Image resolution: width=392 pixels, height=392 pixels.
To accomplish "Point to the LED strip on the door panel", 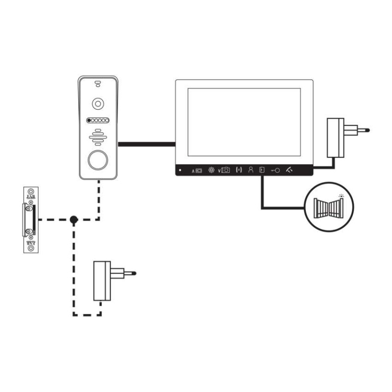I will click(x=98, y=121).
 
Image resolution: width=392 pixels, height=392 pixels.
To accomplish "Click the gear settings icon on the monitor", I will click(x=211, y=170).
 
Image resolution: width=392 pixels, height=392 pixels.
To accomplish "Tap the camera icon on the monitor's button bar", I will click(x=225, y=170).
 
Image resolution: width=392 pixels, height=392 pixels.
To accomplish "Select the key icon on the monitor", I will click(x=275, y=170).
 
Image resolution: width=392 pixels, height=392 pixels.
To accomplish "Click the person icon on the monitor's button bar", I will click(x=250, y=170).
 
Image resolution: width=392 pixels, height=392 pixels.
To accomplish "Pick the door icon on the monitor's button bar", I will click(x=262, y=170).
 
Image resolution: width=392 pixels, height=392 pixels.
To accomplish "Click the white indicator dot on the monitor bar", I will click(x=180, y=171).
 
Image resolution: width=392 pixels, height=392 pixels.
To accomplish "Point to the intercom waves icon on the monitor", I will click(x=239, y=170).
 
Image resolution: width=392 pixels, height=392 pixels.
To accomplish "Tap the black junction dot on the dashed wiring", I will click(x=73, y=220).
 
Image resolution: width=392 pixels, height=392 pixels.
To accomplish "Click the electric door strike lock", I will click(x=31, y=220).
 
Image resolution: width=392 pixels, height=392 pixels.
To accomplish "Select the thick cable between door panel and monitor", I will click(x=147, y=144).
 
